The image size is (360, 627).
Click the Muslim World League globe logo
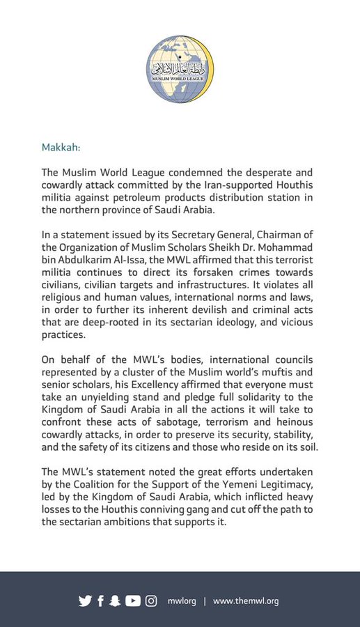[180, 69]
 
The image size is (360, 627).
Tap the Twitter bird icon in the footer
[85, 601]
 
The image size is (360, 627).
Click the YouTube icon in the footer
[132, 601]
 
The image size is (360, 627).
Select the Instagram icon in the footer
[151, 601]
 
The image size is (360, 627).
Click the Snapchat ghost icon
[115, 601]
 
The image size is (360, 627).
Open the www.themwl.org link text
[246, 601]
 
